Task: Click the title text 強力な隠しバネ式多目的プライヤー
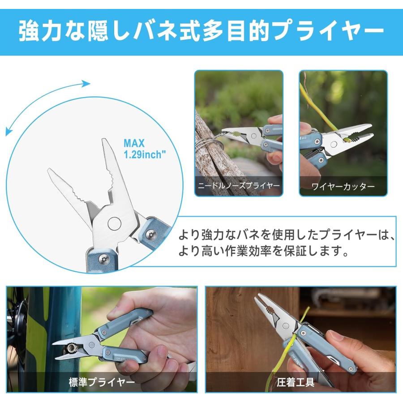[201, 31]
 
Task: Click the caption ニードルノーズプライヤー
[239, 185]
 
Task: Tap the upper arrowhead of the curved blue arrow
[86, 83]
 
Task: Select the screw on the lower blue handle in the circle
[103, 258]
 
